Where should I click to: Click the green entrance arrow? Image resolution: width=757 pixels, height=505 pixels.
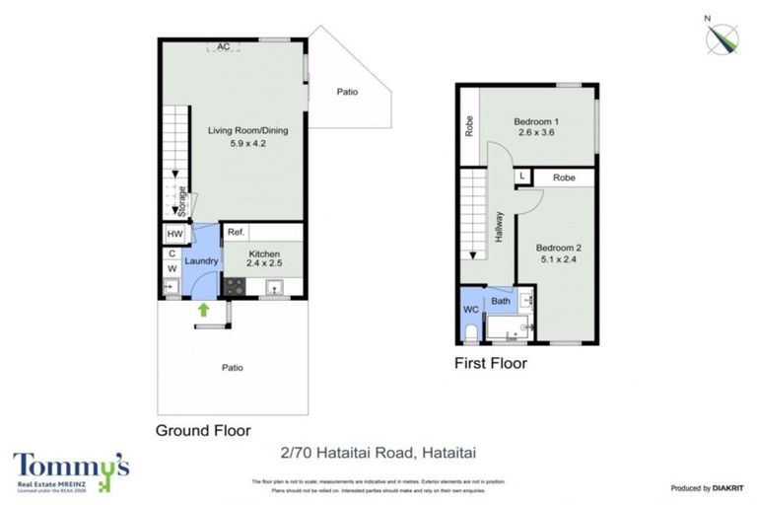click(204, 310)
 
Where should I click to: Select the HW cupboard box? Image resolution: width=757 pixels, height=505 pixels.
click(174, 234)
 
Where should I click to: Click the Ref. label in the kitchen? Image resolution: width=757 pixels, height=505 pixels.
click(236, 233)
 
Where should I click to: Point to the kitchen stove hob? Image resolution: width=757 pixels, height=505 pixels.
click(235, 286)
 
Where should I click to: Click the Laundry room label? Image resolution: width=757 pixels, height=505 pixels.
click(200, 260)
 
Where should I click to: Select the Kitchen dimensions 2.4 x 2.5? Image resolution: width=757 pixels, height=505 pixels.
click(264, 264)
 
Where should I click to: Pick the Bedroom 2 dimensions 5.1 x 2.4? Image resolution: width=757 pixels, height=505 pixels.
click(559, 260)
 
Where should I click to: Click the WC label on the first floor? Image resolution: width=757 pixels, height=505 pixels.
click(470, 309)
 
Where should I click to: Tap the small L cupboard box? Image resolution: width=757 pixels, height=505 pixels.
click(522, 178)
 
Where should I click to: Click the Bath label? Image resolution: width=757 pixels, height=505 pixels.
click(501, 300)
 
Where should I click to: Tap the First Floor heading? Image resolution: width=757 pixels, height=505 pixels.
click(490, 363)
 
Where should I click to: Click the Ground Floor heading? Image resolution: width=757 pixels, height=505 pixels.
click(203, 430)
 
